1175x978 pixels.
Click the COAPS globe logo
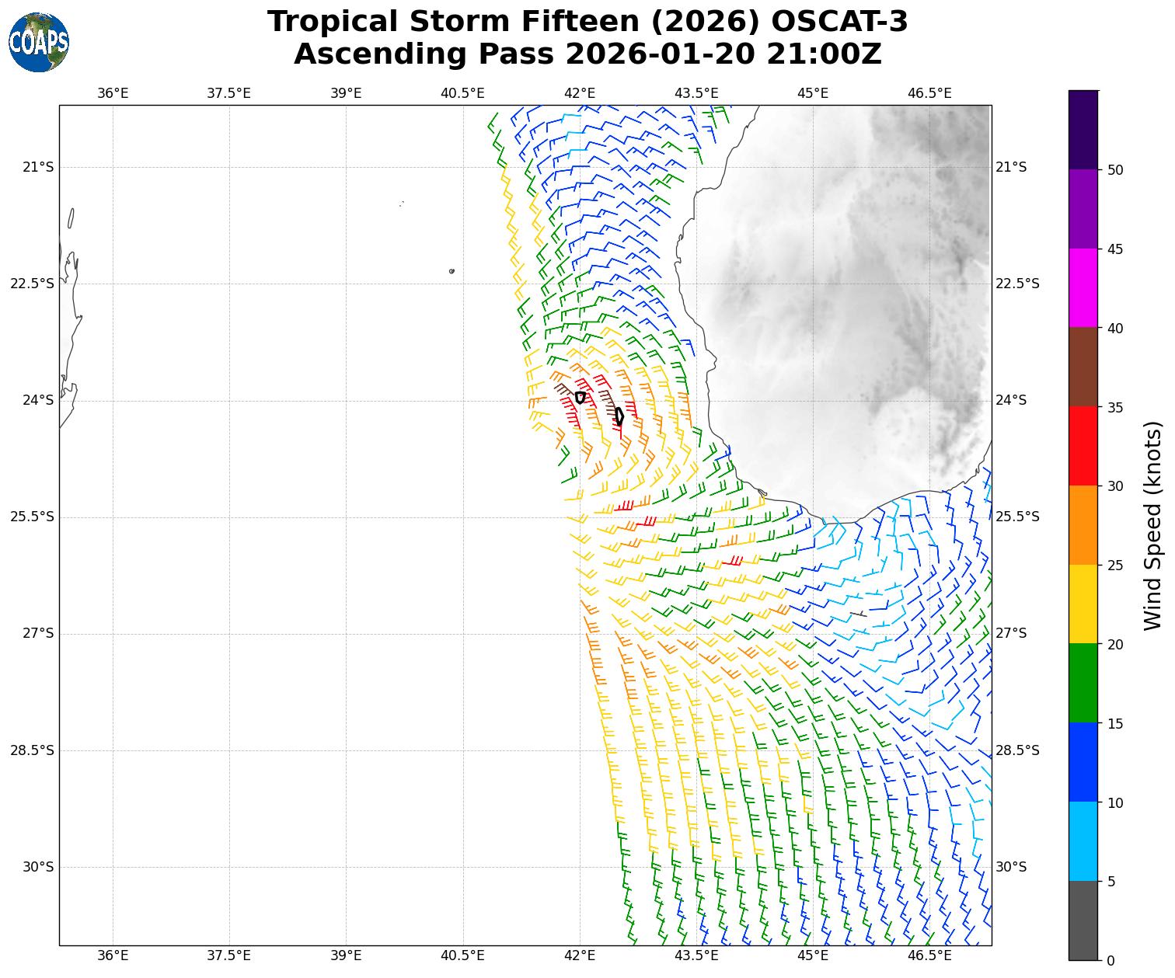coord(39,42)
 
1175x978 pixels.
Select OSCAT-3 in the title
coord(839,22)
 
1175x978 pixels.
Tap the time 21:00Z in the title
coord(824,54)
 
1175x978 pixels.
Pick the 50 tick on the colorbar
coord(1114,170)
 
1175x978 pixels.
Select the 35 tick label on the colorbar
coord(1114,407)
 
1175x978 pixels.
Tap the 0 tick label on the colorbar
coord(1111,961)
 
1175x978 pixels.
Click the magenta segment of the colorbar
coord(1083,288)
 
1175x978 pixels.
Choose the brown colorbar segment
coord(1083,367)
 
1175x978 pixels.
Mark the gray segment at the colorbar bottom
coord(1083,921)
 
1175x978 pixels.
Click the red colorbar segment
coord(1083,447)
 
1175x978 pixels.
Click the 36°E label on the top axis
coord(113,94)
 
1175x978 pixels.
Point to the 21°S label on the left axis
coord(38,167)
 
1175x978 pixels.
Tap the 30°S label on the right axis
coord(1011,867)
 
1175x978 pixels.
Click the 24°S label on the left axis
coord(38,400)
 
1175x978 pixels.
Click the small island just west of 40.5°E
coord(452,271)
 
